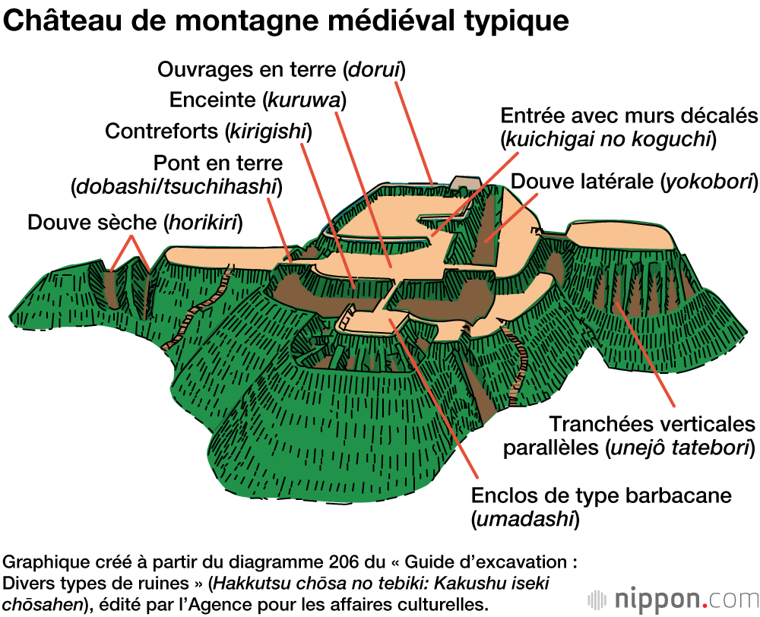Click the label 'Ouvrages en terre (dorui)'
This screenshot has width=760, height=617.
coord(281,70)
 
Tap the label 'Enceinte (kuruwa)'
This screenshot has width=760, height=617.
coord(258,100)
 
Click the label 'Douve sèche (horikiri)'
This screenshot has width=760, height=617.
coord(135,222)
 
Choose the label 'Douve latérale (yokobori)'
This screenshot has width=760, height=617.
coord(635,182)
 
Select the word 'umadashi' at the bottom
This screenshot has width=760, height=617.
coord(524,520)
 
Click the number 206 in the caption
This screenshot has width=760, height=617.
coord(312,563)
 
